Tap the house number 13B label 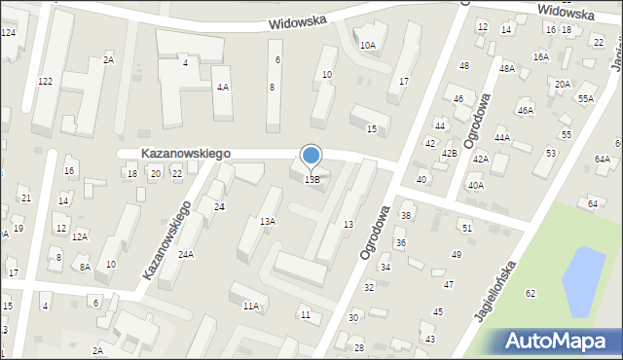[x=311, y=180]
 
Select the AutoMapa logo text [x=560, y=342]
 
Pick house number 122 [x=45, y=82]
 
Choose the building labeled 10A [x=367, y=45]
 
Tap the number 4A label [x=223, y=88]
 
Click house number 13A [x=267, y=222]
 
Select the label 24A [x=185, y=255]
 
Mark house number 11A [x=251, y=306]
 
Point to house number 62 [x=530, y=293]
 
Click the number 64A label [x=603, y=159]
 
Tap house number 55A [x=585, y=98]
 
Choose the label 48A [x=506, y=69]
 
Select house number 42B [x=449, y=154]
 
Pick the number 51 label [x=467, y=228]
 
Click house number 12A [x=80, y=236]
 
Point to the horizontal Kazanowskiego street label [x=185, y=154]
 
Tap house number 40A [x=475, y=185]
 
